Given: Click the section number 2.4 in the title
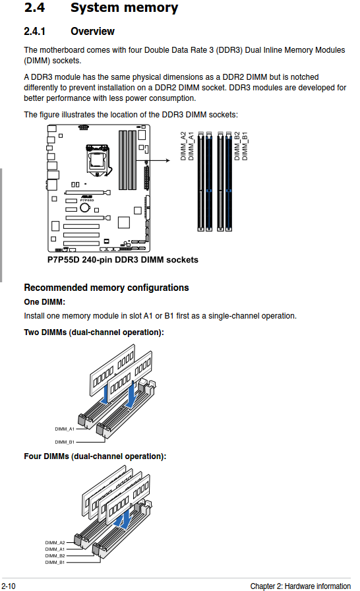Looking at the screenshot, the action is click(34, 7).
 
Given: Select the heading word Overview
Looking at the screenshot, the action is click(92, 31).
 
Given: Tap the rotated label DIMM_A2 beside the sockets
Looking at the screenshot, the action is click(183, 146).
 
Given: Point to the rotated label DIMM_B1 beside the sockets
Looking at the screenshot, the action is click(245, 146).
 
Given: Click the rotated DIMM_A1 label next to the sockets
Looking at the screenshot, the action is click(191, 146).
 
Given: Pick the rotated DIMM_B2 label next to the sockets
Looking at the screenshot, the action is click(237, 146).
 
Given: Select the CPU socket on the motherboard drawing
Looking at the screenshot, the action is click(98, 160).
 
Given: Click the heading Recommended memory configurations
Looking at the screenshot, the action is click(106, 288).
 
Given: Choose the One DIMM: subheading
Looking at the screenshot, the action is click(44, 302).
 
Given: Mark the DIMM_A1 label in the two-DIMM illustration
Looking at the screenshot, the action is click(65, 429).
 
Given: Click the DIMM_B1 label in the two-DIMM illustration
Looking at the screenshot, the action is click(65, 442).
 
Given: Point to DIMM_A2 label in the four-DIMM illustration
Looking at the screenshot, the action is click(55, 543).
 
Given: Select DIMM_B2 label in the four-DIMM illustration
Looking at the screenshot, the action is click(55, 555).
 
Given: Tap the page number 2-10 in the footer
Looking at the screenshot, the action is click(9, 586).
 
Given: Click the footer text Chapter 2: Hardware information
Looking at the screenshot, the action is click(301, 586).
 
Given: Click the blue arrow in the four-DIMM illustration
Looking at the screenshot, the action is click(123, 520).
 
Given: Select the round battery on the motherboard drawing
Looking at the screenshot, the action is click(85, 208).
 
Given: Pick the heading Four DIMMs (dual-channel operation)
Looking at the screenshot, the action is click(95, 456).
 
